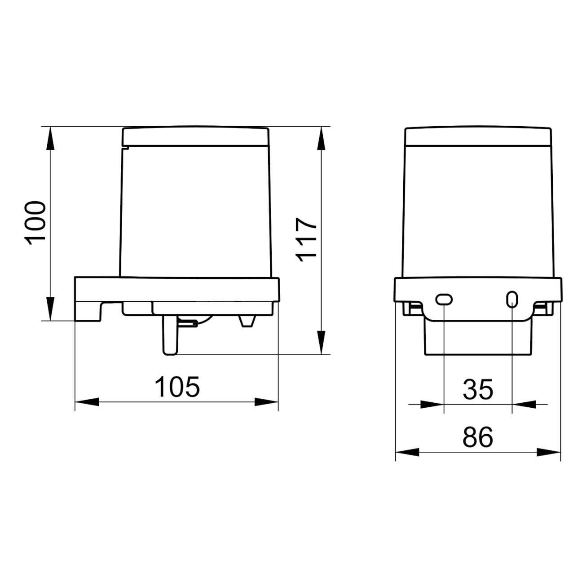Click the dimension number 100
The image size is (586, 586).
coord(35,223)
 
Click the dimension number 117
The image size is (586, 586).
coord(306,240)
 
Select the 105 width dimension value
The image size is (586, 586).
coord(177,387)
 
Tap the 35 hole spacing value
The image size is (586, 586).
coord(478,390)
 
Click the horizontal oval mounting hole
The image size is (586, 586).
coord(444,299)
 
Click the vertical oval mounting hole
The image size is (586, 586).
coord(512,299)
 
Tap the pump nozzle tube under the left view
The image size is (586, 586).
coord(170,335)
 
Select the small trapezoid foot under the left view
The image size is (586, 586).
coord(247,321)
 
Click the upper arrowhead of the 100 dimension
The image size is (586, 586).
coord(50,138)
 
